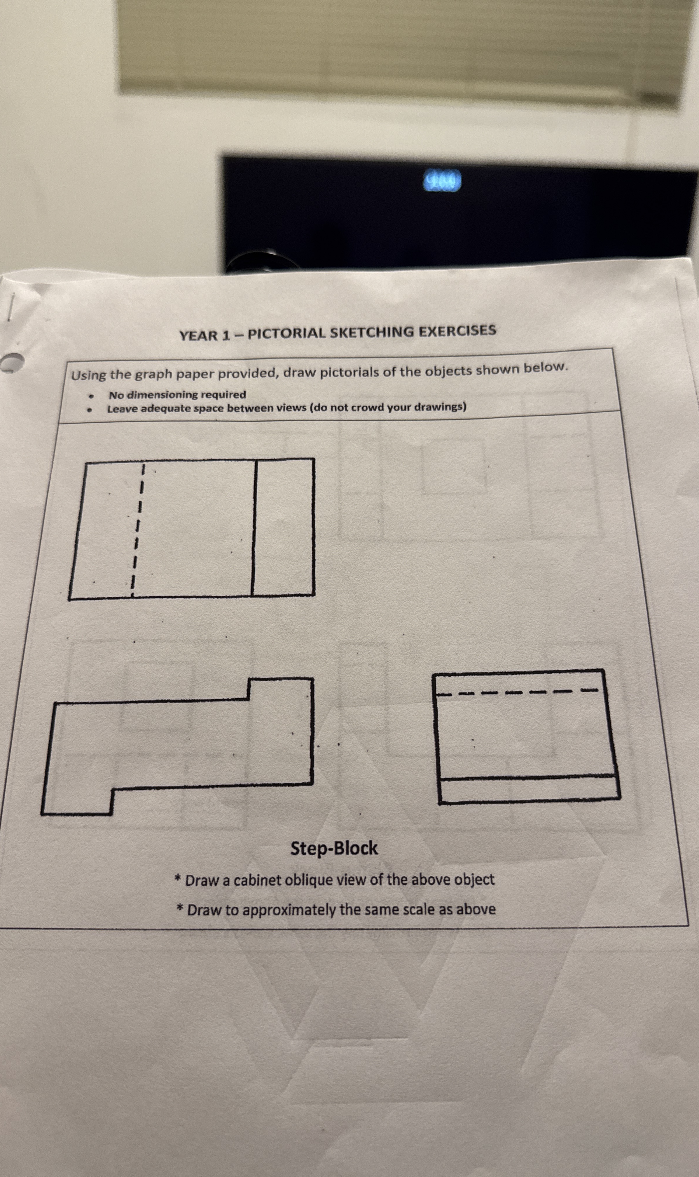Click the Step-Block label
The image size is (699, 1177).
click(334, 848)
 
